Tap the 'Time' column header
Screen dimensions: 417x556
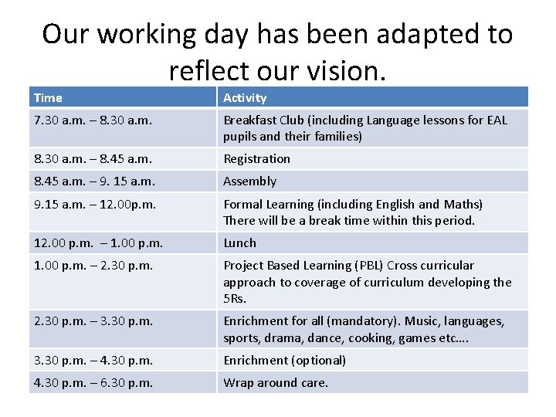pyautogui.click(x=48, y=98)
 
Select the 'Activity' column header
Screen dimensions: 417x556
pyautogui.click(x=245, y=98)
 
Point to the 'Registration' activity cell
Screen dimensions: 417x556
pyautogui.click(x=257, y=159)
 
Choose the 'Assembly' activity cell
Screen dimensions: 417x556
pyautogui.click(x=249, y=181)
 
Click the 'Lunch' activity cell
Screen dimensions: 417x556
pyautogui.click(x=239, y=242)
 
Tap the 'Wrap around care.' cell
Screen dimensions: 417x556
pyautogui.click(x=276, y=383)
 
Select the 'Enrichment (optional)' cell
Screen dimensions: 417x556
pyautogui.click(x=284, y=360)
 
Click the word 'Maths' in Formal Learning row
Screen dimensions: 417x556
pyautogui.click(x=462, y=205)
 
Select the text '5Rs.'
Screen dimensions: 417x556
pyautogui.click(x=234, y=299)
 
